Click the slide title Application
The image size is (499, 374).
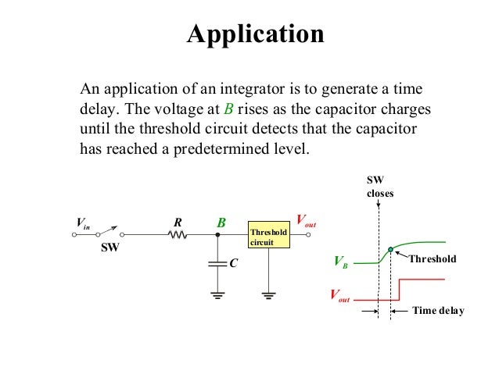(x=254, y=35)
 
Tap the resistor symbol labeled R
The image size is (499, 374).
(x=178, y=233)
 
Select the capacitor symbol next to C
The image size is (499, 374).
(x=217, y=264)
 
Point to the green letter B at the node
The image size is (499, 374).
(x=221, y=223)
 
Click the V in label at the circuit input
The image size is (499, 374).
(x=83, y=223)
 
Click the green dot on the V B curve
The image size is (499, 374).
(x=390, y=249)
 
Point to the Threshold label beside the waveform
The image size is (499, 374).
(x=432, y=258)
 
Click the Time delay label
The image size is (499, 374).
(x=438, y=311)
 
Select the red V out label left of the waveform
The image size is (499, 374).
(x=339, y=297)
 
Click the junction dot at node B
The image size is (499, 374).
(x=217, y=233)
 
